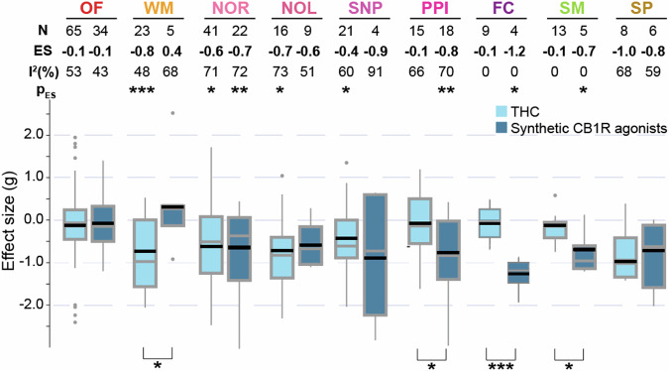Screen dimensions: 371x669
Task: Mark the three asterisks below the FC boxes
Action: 502,366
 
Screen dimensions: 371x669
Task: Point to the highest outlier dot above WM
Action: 173,113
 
